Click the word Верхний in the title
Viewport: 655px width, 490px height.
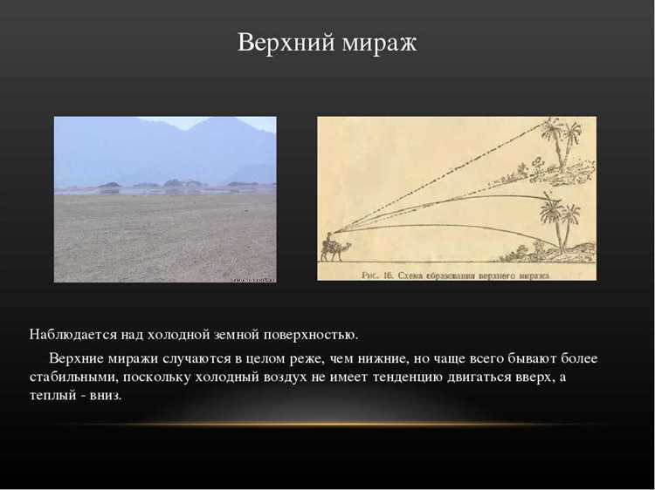click(280, 43)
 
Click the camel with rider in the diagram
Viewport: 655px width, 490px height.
click(331, 248)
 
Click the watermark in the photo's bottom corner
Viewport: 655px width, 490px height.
click(255, 279)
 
